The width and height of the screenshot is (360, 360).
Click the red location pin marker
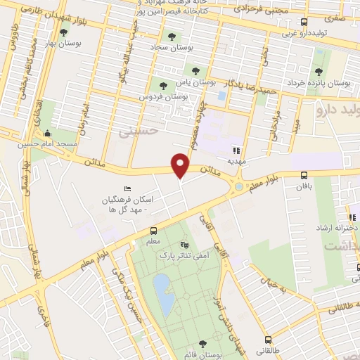coord(181,165)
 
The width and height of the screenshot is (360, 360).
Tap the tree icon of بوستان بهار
coord(64,32)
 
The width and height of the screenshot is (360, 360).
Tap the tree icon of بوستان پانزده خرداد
coord(319,72)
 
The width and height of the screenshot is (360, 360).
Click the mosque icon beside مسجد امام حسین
coord(47,134)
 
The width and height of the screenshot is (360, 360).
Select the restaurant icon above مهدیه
coord(237,150)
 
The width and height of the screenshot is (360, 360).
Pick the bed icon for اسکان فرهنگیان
coord(127,188)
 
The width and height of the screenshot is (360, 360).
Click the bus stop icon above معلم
coord(153,231)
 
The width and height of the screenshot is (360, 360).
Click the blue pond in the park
coord(165,294)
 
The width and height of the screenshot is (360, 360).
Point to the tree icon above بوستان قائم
coord(202,343)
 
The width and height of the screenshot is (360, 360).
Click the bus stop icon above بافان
coord(304,176)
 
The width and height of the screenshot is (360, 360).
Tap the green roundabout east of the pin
coord(240,187)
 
